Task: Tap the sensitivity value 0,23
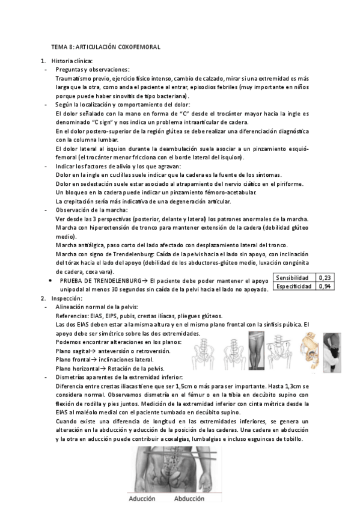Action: pos(324,278)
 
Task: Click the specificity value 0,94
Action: pos(324,287)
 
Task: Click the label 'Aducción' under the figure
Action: pos(142,499)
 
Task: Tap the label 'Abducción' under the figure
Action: pos(189,499)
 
